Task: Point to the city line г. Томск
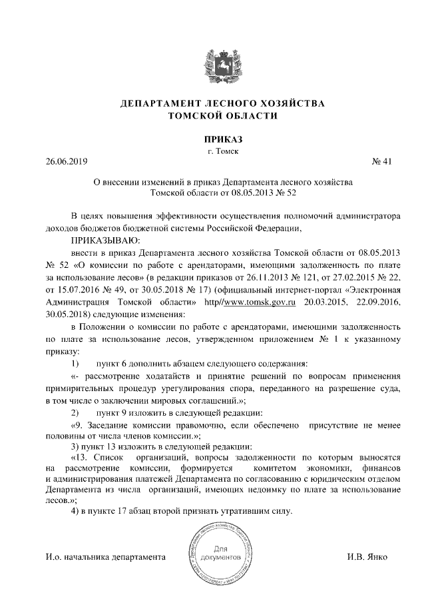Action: point(214,151)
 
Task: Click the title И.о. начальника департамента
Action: point(105,556)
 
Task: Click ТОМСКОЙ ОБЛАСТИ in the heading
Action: point(214,116)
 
